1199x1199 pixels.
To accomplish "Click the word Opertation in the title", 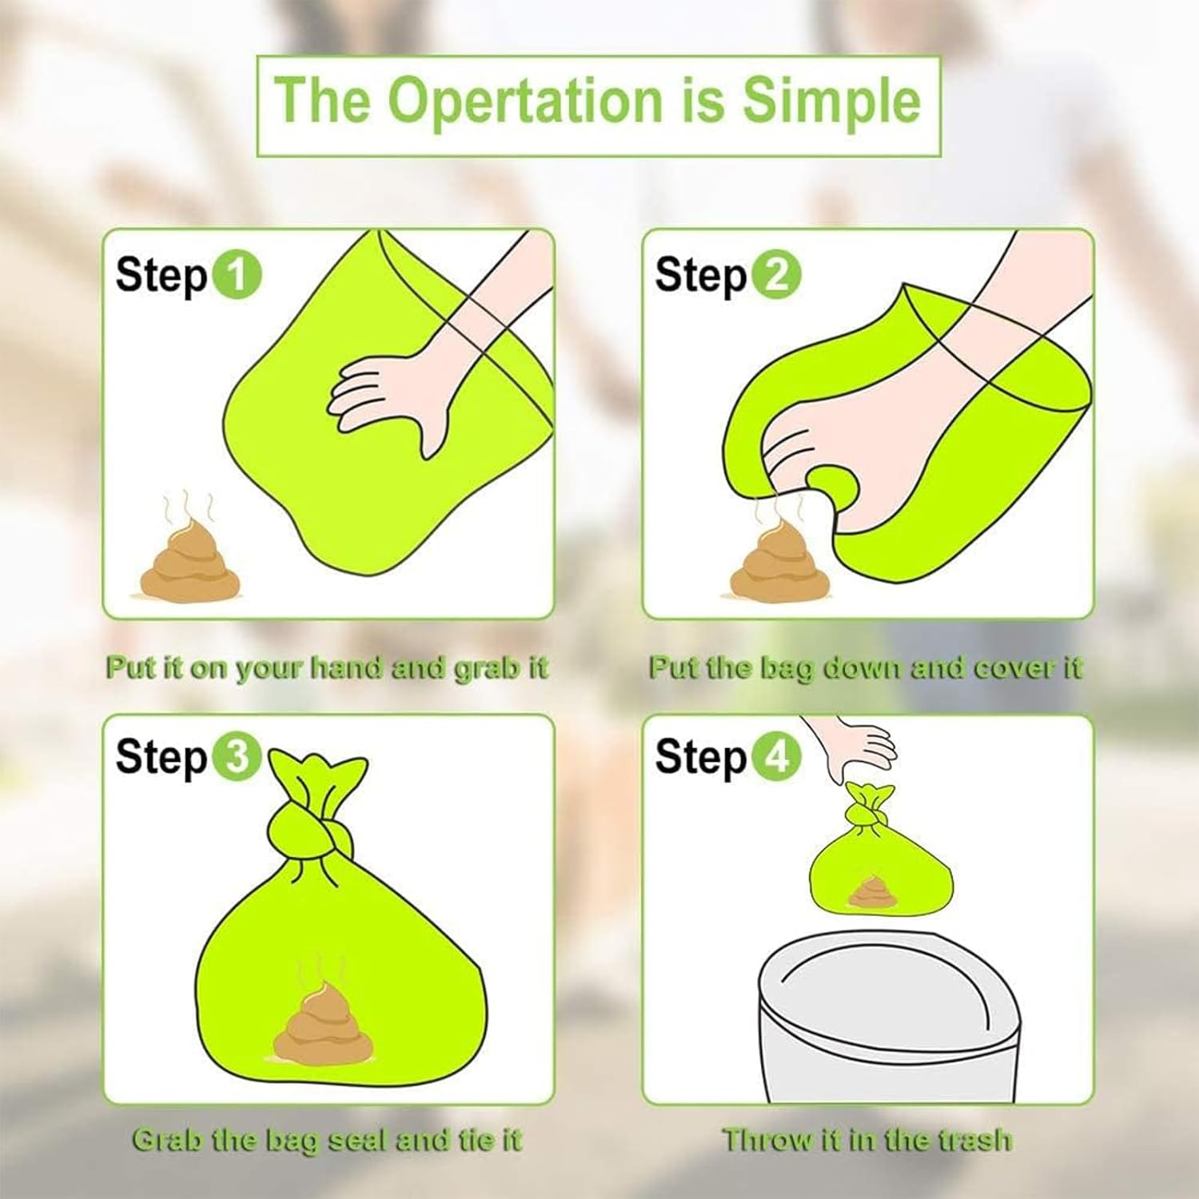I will coord(525,102).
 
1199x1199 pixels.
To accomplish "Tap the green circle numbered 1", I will coord(237,275).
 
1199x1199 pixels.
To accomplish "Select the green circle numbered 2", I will coord(775,275).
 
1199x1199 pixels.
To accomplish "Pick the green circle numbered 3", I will coord(237,755).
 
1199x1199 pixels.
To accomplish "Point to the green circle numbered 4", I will coord(775,755).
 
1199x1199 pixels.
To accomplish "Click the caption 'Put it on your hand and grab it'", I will coord(327,667).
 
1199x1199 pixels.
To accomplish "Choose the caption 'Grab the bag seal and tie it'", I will coord(327,1139).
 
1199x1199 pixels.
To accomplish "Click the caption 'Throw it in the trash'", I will coord(867,1139).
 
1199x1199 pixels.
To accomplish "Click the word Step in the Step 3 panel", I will coord(161,757).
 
